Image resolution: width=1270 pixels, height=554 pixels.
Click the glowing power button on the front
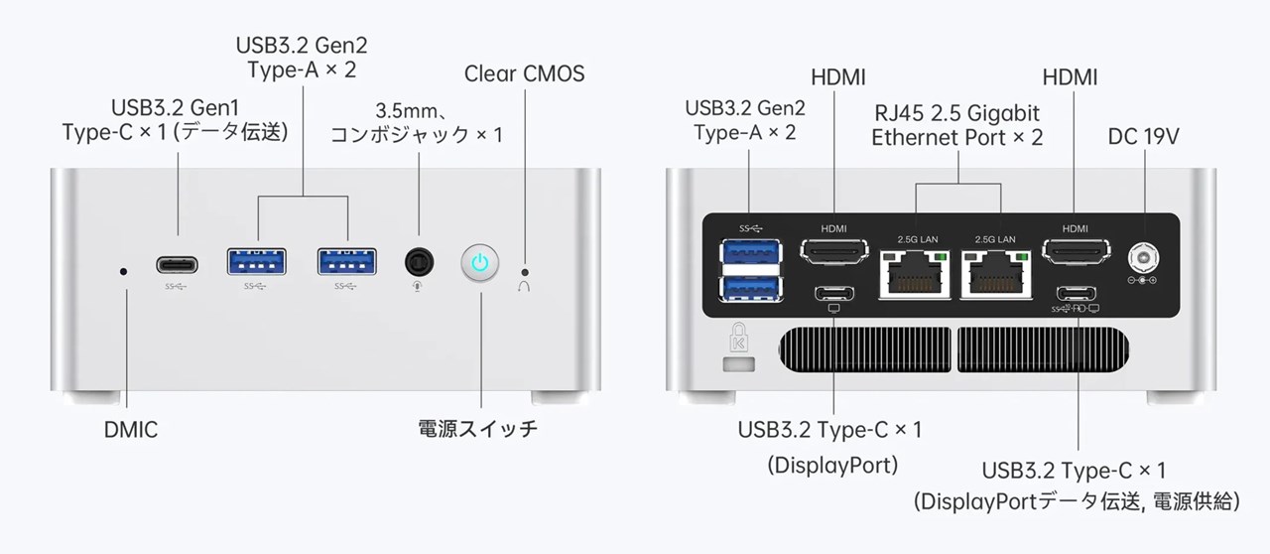pos(479,262)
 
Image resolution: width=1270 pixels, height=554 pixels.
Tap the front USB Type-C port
pos(177,264)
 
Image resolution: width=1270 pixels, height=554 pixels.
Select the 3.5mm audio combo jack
pos(420,263)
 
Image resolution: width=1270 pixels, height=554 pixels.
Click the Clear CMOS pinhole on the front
pos(525,270)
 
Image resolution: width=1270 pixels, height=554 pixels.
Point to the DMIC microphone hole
pos(123,270)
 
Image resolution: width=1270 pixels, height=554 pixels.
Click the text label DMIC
pos(131,430)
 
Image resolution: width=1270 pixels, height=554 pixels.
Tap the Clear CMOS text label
pos(524,73)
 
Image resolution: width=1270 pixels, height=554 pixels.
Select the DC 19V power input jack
pos(1144,258)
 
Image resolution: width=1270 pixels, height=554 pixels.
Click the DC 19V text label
pos(1143,137)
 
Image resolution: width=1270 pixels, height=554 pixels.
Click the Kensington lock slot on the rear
pos(737,365)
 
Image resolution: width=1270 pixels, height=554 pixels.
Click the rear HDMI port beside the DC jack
pos(1075,253)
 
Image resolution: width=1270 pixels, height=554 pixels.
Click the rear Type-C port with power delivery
pos(1077,293)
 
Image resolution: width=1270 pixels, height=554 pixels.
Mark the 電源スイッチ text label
pos(478,430)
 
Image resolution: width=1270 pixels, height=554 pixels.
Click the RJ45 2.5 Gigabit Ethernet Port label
pos(957,125)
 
